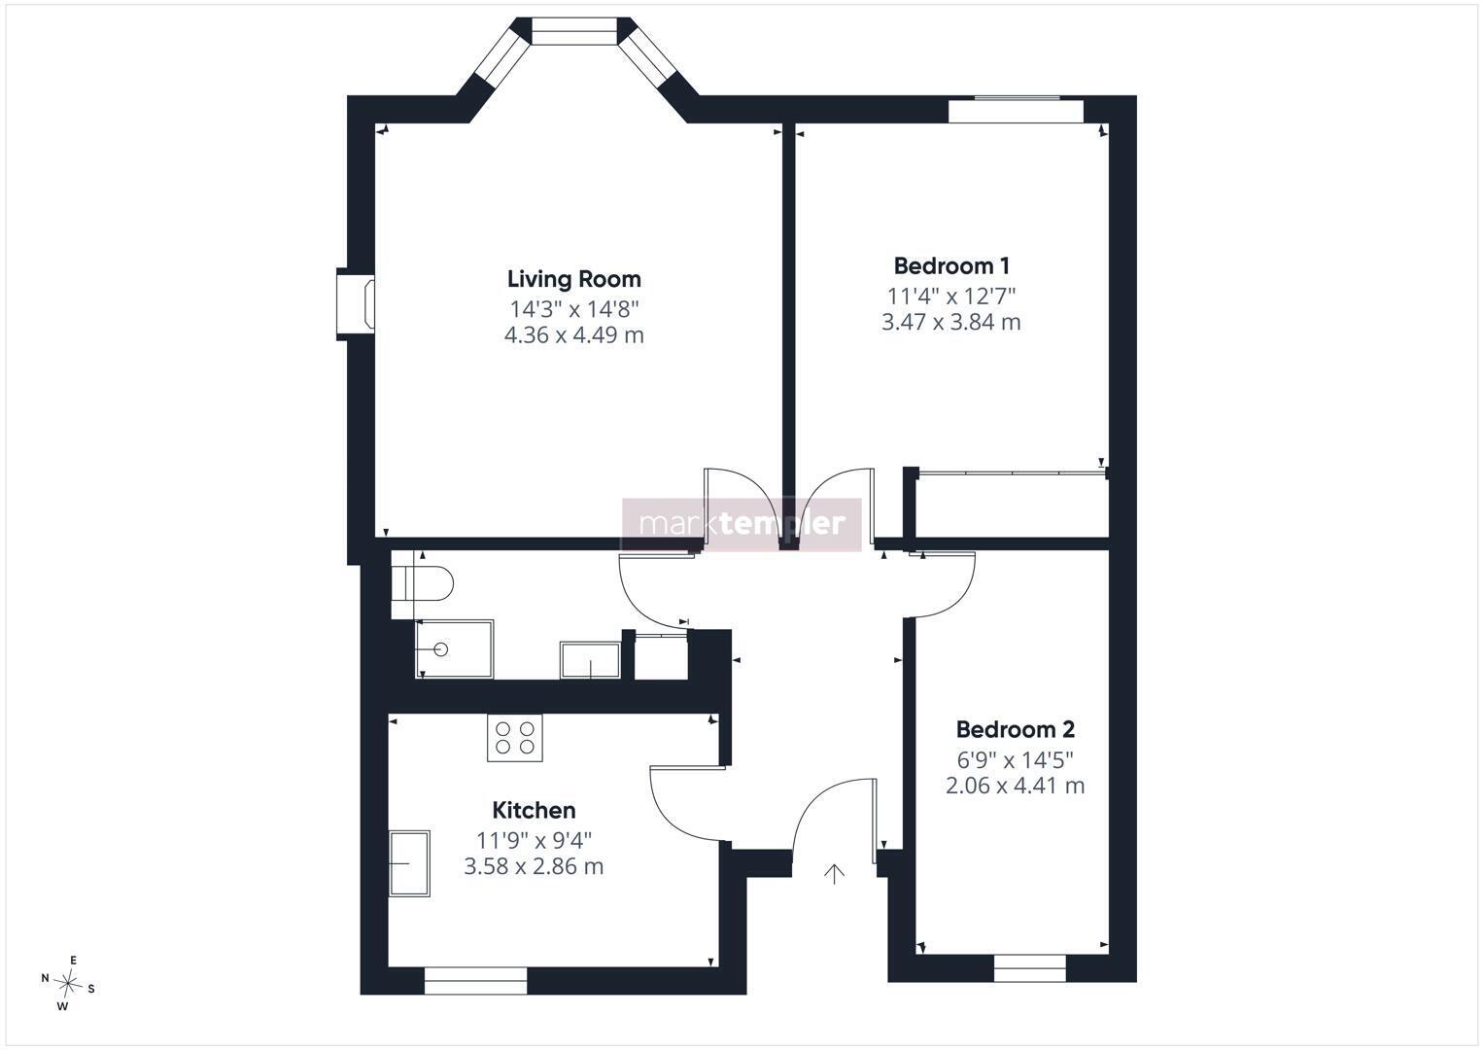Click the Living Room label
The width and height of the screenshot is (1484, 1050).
[x=573, y=279]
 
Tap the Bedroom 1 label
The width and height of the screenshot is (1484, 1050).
[x=951, y=265]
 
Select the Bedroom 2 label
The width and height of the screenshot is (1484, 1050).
[x=1015, y=729]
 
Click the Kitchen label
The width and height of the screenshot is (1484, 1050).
[x=534, y=810]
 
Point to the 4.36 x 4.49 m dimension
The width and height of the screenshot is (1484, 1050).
[x=573, y=334]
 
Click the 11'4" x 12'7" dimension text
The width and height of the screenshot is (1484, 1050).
[x=951, y=296]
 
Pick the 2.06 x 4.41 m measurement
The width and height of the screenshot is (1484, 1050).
[x=1015, y=786]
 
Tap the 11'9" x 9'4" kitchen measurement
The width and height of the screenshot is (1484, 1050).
[x=534, y=840]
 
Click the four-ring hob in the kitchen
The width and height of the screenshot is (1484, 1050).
[x=515, y=738]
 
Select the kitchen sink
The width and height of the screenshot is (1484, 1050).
[x=409, y=863]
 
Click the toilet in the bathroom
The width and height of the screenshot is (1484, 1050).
[x=422, y=584]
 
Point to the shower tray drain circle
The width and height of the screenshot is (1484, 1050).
[x=440, y=649]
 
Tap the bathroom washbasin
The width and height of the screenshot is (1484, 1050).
[x=590, y=659]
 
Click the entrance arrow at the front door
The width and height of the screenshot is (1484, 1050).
[x=834, y=874]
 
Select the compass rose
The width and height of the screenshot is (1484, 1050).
[x=68, y=983]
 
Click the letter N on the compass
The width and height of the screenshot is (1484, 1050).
[x=45, y=978]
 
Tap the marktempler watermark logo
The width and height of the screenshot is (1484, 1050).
[x=742, y=524]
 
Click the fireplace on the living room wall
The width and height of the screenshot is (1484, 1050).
[x=356, y=304]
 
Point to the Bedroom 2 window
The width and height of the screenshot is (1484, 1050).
[x=1030, y=967]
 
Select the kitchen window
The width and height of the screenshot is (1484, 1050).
[x=475, y=981]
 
